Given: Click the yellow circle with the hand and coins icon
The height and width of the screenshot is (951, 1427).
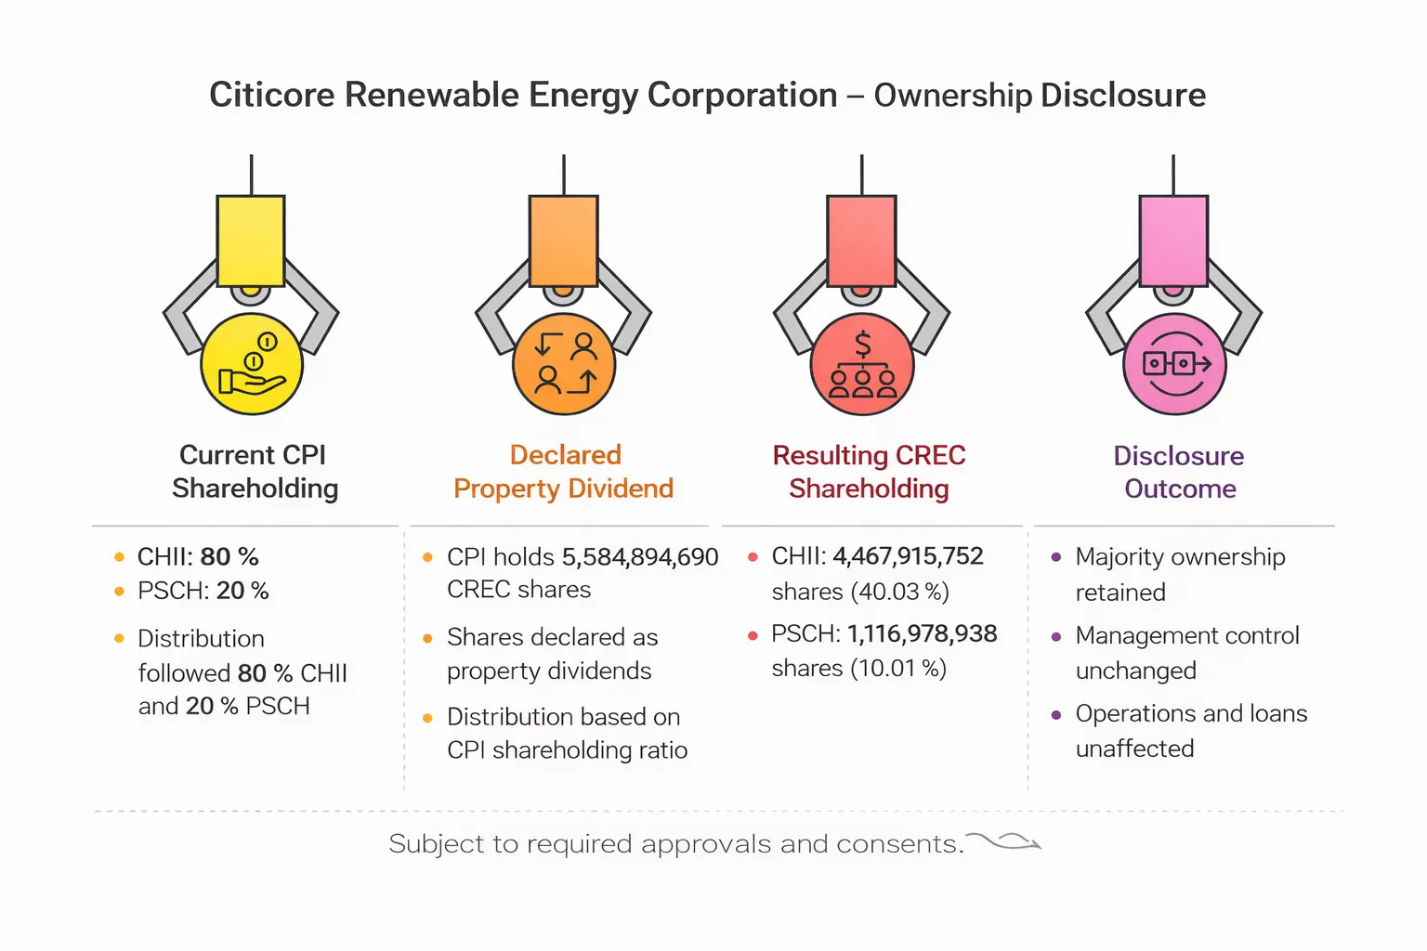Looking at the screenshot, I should tap(252, 364).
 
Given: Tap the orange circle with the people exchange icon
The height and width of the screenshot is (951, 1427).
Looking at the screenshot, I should tap(564, 364).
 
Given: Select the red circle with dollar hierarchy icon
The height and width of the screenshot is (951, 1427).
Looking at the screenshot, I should tap(862, 364).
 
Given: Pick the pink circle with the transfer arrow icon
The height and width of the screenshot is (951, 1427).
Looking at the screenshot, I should tap(1174, 364).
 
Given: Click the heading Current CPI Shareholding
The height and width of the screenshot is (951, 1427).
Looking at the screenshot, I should tap(254, 472).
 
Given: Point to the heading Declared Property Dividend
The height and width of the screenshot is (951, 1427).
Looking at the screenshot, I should tap(564, 472).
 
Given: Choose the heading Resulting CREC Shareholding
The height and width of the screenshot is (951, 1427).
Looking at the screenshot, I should tap(869, 472).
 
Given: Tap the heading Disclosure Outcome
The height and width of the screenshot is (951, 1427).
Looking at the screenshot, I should tap(1179, 472).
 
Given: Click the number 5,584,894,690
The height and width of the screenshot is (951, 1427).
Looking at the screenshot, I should tap(640, 557).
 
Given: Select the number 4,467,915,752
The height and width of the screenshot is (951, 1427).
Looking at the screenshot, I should tap(908, 556).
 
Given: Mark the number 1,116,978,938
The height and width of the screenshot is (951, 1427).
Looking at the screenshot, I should tap(922, 633).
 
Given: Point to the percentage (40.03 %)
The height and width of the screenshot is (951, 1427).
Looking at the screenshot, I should tap(899, 592).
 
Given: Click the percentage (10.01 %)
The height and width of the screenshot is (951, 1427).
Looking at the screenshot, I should tap(897, 669).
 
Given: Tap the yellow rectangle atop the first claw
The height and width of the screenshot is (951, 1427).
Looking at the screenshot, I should tap(251, 241).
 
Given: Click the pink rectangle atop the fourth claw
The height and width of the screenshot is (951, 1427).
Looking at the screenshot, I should tap(1173, 241).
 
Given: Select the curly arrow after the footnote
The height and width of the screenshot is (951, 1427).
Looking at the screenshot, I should tap(1005, 842).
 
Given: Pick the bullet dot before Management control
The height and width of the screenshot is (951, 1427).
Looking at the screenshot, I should tap(1056, 637).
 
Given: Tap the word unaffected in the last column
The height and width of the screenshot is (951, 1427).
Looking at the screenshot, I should tap(1134, 749).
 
